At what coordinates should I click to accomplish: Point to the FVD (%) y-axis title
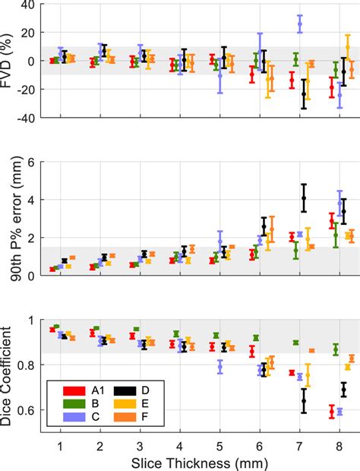point(10,61)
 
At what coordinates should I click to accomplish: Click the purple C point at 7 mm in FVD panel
point(299,24)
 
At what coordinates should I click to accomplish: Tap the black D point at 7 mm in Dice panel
point(304,400)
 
